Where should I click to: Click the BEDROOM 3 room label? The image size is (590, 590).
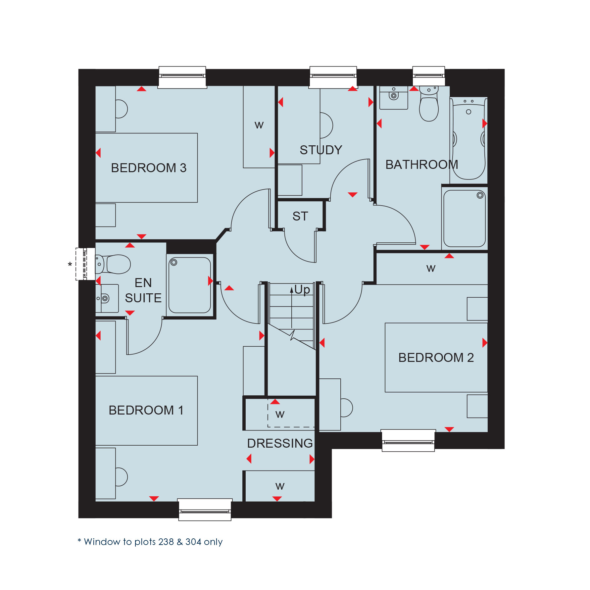coord(149,168)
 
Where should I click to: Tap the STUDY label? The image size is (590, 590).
coord(321,150)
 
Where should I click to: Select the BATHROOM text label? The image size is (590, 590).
coord(421,165)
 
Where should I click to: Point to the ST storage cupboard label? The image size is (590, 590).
coord(300,216)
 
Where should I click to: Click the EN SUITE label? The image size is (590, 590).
coord(143,290)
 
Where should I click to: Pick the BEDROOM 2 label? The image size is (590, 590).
coord(436,358)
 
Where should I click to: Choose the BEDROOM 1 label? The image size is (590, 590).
coord(146,410)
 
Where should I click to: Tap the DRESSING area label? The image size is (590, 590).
coord(280,443)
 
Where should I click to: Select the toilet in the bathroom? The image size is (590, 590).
coord(429,104)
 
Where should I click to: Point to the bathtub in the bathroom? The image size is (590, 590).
coord(468,138)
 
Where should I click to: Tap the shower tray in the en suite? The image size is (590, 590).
coord(190,285)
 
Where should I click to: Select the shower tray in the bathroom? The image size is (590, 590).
coord(465,219)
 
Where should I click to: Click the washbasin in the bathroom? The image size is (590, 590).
coord(394,98)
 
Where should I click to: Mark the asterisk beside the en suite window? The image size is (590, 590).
coord(70,265)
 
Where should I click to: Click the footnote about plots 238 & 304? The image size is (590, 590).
coord(150,542)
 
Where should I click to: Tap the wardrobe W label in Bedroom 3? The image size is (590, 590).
coord(259,125)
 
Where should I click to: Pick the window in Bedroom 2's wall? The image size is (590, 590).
coord(408,440)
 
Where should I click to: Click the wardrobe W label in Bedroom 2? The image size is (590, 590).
coord(431,268)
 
